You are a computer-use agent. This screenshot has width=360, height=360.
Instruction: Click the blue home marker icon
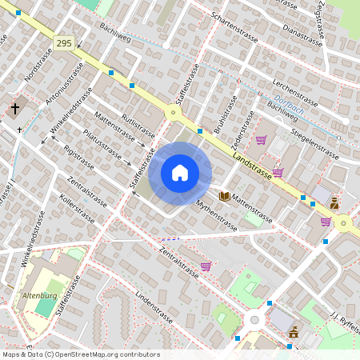coord(180,172)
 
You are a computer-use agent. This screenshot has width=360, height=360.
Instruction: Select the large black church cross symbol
coord(15,108)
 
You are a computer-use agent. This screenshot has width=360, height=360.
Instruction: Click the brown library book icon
coord(225,196)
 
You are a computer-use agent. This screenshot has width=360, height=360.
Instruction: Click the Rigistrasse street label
coord(78,158)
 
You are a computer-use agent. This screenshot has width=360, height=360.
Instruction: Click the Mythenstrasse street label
coord(216,215)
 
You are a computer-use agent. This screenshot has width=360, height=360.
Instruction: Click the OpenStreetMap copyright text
coord(80,354)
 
